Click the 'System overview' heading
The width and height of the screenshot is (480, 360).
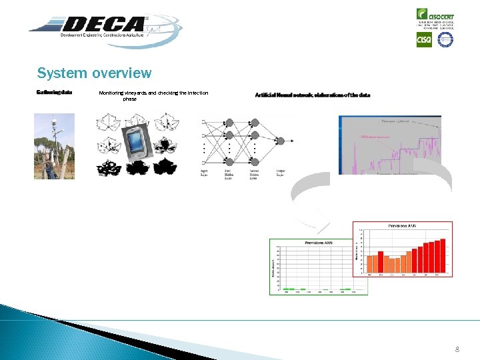tap(94, 73)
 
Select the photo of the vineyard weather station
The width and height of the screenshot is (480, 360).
tap(55, 146)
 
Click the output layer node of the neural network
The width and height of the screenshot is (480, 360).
tap(281, 141)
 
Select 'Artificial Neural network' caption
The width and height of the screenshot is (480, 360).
tap(312, 95)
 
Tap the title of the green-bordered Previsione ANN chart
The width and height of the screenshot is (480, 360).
tap(318, 243)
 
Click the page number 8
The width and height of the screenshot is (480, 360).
tap(457, 349)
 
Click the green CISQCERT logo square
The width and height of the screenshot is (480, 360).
tap(423, 14)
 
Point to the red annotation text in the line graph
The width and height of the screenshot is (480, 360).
tap(375, 136)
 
